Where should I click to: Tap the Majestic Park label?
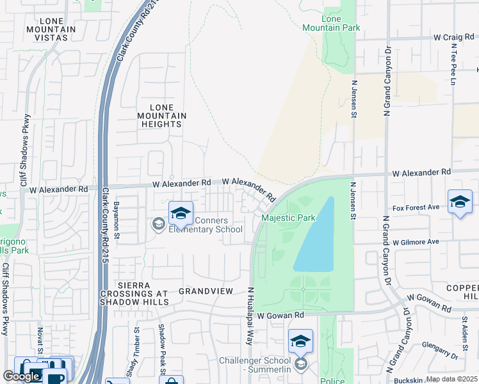tap(288, 218)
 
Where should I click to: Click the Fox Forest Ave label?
tap(416, 207)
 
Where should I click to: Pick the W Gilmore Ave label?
tap(416, 242)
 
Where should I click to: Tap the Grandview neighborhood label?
tap(206, 291)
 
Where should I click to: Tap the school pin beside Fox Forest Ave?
tap(460, 203)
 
